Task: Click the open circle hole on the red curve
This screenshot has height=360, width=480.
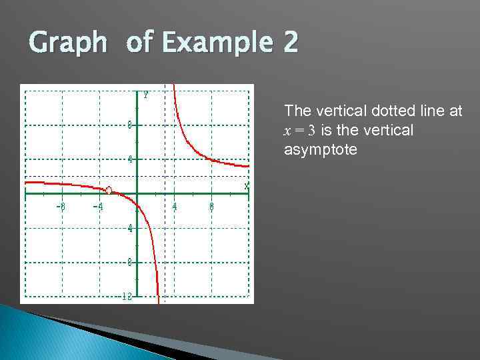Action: coord(109,190)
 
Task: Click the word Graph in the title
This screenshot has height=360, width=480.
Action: coord(67,43)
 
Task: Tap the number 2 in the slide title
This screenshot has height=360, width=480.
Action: coord(290,43)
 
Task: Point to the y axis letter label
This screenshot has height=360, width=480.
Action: coord(145,94)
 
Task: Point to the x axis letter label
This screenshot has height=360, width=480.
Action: coord(246,185)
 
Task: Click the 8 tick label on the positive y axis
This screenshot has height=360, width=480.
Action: coord(131,125)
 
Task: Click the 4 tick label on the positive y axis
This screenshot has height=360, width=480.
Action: coord(131,159)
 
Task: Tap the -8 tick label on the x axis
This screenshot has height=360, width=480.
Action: coord(60,207)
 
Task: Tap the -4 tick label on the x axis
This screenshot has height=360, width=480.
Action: coord(97,207)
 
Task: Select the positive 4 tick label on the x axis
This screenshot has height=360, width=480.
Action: coord(175,207)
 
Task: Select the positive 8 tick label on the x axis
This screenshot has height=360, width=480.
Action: coord(212,207)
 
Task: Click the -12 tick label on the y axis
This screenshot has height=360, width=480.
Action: coord(127,297)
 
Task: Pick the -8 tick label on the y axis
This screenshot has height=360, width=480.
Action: coord(129,262)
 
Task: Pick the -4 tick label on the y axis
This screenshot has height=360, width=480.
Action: coord(129,228)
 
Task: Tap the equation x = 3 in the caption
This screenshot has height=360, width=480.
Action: coord(301,131)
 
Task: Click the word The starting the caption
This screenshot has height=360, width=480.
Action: coord(297,111)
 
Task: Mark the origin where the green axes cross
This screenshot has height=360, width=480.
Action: coord(137,193)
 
